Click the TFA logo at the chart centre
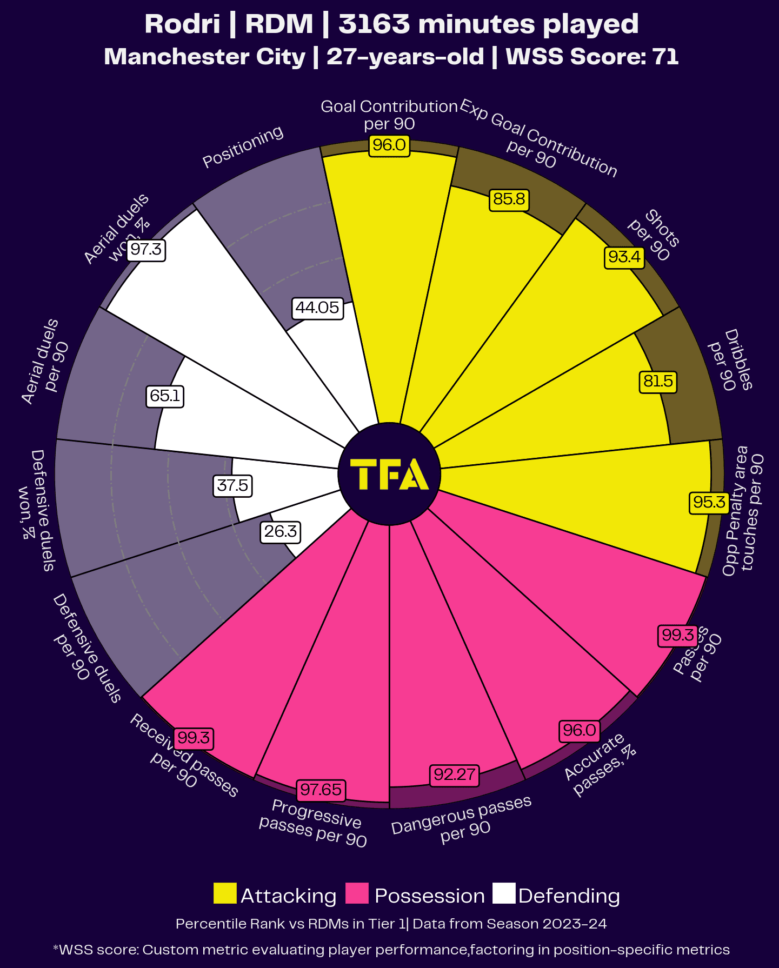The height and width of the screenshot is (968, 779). click(389, 474)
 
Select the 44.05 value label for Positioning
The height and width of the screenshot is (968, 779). click(317, 308)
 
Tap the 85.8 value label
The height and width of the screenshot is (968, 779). click(509, 199)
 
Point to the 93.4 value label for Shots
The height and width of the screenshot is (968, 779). click(624, 257)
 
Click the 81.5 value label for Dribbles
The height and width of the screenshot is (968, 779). click(658, 382)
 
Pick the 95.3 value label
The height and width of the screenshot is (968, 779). click(709, 503)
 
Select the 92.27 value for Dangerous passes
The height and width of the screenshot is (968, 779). click(455, 775)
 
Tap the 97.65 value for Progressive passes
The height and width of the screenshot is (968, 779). click(321, 790)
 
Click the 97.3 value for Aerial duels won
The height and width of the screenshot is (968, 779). click(146, 250)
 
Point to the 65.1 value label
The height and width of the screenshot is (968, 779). click(165, 396)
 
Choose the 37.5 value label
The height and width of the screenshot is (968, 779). click(232, 485)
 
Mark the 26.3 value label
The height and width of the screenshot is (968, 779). click(280, 532)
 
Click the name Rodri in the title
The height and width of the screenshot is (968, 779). click(182, 24)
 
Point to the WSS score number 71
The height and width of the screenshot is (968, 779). click(665, 57)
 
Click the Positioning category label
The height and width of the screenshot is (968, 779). click(243, 147)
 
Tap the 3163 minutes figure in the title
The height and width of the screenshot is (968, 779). click(374, 24)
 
